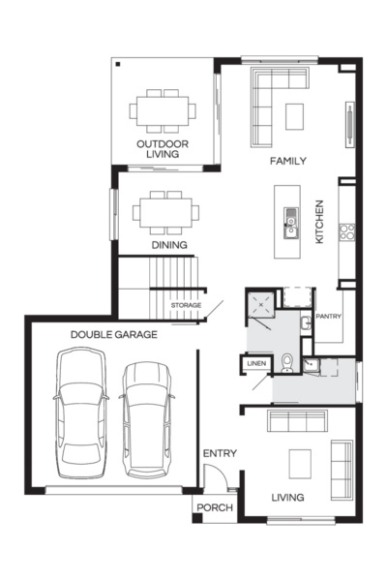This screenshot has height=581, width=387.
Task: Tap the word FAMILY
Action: click(288, 161)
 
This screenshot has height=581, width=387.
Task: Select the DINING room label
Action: click(168, 246)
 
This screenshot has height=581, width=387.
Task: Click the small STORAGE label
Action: click(186, 306)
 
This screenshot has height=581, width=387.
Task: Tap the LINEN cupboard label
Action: click(256, 363)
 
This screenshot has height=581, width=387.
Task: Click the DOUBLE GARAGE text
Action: click(113, 334)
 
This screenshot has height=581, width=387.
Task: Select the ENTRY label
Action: click(220, 453)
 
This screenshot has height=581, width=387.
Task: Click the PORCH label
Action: click(215, 507)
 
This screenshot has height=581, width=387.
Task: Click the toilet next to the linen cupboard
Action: click(287, 363)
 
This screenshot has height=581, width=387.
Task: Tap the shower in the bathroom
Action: click(260, 303)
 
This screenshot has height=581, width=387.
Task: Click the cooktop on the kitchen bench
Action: click(346, 231)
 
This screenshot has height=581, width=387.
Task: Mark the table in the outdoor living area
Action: click(163, 110)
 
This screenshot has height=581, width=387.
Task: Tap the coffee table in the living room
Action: click(299, 459)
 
